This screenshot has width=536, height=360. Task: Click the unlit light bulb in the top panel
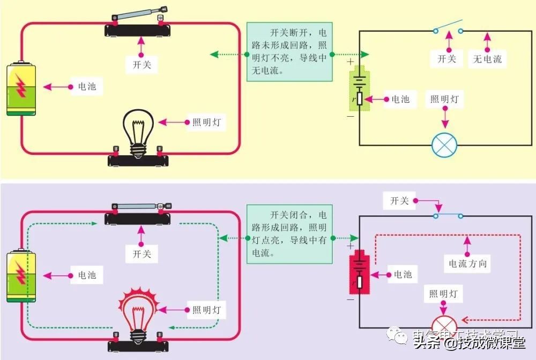(x=139, y=129)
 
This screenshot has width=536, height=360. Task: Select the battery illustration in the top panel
(x=21, y=89)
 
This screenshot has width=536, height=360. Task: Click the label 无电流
(x=487, y=59)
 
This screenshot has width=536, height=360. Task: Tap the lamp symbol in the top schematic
(x=444, y=145)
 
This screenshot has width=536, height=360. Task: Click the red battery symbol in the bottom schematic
(x=360, y=273)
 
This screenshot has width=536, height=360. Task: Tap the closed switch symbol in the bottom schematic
(x=448, y=216)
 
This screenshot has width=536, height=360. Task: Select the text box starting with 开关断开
(x=289, y=51)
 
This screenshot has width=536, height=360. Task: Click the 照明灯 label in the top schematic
(x=444, y=99)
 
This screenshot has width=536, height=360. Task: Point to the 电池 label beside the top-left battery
(x=87, y=86)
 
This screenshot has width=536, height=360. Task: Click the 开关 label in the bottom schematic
(x=399, y=201)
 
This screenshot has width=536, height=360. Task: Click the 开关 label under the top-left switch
(x=142, y=65)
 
